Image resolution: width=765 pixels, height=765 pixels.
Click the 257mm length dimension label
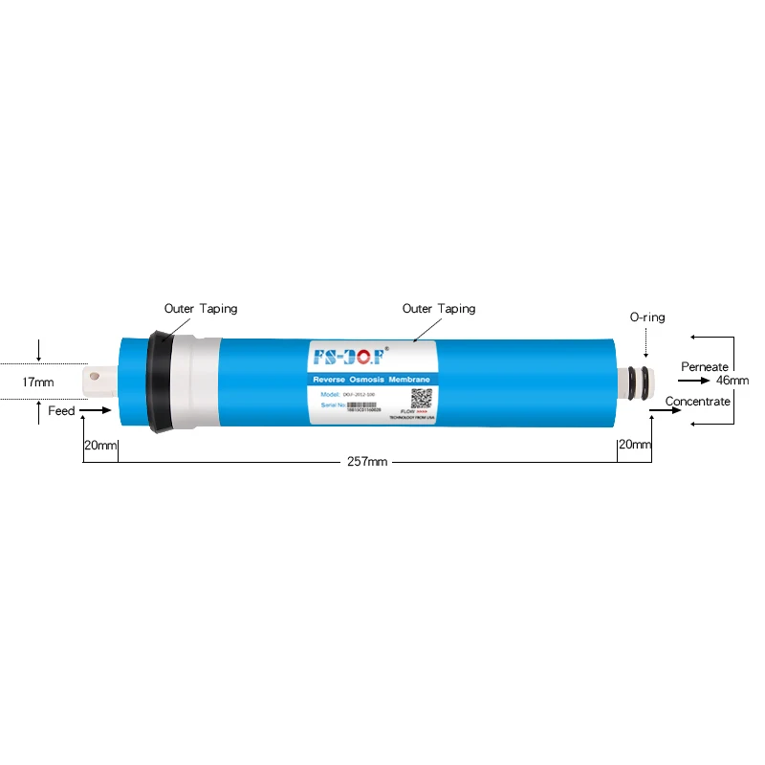click(x=367, y=462)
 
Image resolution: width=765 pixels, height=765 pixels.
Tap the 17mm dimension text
click(x=38, y=382)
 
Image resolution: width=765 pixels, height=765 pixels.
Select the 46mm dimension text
click(x=732, y=380)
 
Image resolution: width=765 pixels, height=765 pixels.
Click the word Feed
click(x=61, y=411)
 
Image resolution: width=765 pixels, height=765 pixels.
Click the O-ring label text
click(x=646, y=317)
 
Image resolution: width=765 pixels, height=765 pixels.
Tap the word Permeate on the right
click(x=705, y=367)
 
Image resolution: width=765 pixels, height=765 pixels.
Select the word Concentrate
click(x=698, y=402)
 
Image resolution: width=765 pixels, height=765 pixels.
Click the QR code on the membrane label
click(x=422, y=399)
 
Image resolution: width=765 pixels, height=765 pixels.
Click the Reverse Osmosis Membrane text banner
click(x=372, y=381)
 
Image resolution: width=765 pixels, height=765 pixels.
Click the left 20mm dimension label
click(x=99, y=445)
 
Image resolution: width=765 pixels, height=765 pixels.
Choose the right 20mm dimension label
click(x=634, y=445)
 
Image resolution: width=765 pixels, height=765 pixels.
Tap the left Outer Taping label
click(x=201, y=309)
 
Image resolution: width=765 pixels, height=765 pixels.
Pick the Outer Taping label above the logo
click(x=438, y=309)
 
